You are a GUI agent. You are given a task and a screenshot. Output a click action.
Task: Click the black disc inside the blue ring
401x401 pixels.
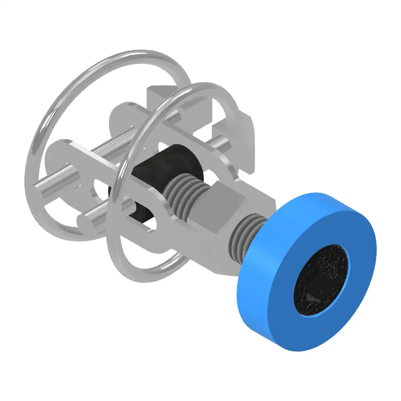(321, 281)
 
